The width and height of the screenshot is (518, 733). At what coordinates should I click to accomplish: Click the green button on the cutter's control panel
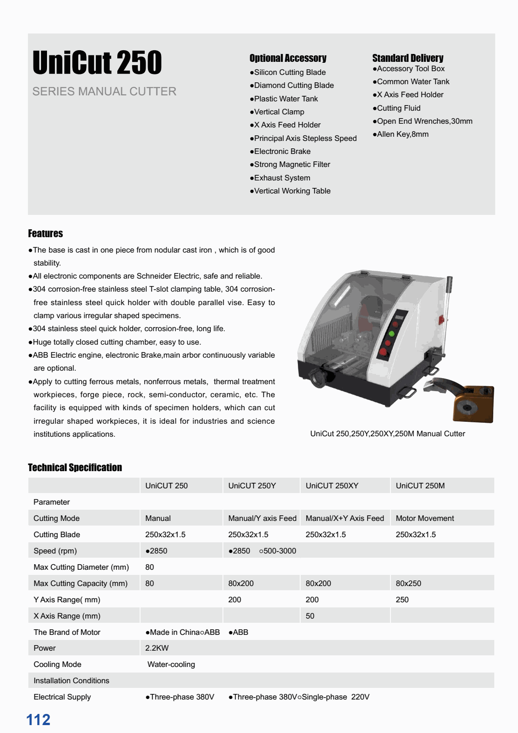[391, 333]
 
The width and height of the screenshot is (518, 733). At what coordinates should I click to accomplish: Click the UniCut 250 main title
[97, 63]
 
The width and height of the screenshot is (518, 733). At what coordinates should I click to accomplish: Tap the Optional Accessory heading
[288, 58]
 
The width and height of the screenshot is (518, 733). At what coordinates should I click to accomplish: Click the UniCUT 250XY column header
[332, 486]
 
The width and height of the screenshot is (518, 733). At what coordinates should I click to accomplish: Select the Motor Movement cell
[424, 518]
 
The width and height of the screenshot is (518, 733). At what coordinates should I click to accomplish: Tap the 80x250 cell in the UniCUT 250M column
[408, 583]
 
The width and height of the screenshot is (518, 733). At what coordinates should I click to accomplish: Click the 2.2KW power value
[157, 648]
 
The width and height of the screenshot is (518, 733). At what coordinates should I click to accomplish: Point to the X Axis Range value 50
[310, 616]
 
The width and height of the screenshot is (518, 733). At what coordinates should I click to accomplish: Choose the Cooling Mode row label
[57, 664]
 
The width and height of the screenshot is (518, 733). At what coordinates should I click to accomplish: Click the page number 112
[38, 720]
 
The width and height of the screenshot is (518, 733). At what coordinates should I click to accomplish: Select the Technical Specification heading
[75, 467]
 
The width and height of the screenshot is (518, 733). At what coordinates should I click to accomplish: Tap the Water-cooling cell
[171, 664]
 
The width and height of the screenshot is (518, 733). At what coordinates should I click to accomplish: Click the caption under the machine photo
[387, 433]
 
